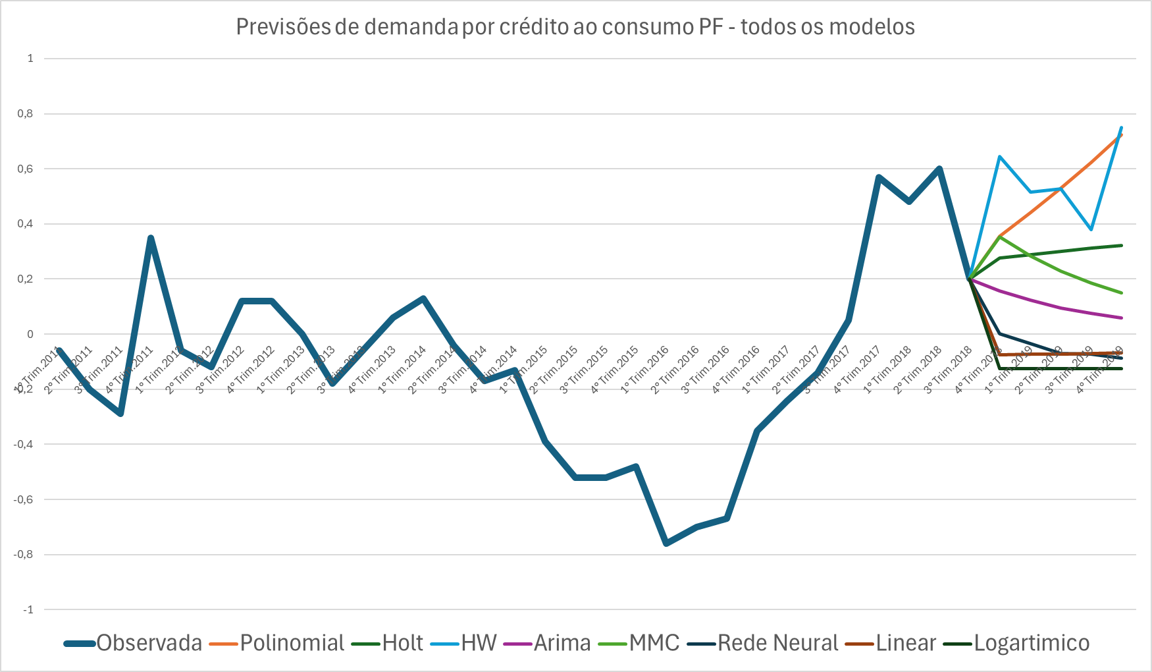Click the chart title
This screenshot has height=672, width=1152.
click(x=575, y=27)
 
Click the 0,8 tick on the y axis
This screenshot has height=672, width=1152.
click(x=25, y=114)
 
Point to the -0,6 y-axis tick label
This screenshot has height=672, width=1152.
click(x=24, y=499)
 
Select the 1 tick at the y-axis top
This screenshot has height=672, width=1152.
click(x=30, y=59)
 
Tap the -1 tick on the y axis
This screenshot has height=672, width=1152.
click(x=28, y=610)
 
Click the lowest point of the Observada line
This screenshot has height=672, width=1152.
click(x=666, y=544)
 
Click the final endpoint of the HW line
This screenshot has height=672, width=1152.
click(x=1121, y=127)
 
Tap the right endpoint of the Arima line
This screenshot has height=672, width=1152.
click(x=1121, y=318)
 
